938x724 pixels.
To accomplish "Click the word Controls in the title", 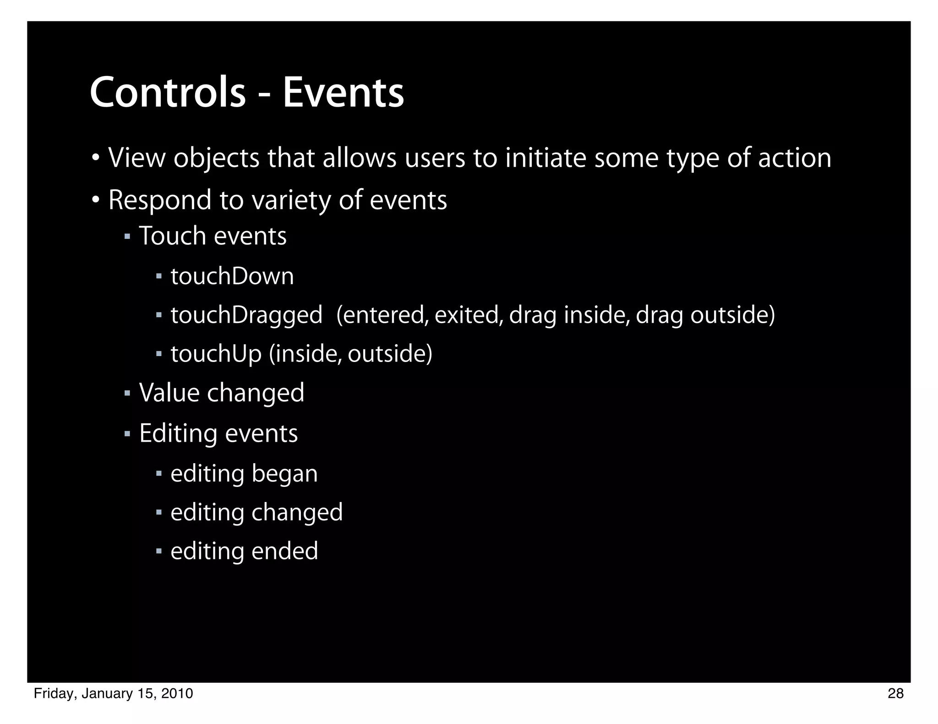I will point(168,93).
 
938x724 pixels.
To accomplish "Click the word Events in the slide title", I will point(343,93).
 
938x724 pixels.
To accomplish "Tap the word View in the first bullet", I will point(136,158).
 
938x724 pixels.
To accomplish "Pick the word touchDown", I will point(232,276).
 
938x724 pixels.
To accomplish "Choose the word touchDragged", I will point(246,315).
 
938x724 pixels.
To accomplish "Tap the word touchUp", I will point(216,354).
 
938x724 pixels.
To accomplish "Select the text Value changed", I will point(222,393).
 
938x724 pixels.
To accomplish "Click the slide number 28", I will point(895,694).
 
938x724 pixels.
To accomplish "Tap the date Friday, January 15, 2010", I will point(114,694).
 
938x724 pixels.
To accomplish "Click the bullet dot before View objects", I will point(95,158).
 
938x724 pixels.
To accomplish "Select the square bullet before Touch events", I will point(127,237).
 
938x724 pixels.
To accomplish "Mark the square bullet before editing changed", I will point(159,513).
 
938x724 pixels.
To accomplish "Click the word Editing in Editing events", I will point(178,433).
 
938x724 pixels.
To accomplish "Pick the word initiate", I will point(545,158).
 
